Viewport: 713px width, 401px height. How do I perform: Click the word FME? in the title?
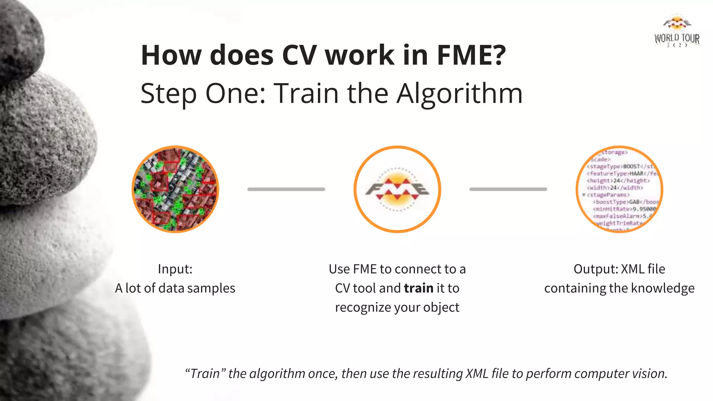tap(471, 55)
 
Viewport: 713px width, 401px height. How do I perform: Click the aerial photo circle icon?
tap(175, 189)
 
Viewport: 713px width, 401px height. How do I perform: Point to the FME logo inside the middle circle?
tap(397, 189)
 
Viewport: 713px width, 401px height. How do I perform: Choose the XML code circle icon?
tap(620, 189)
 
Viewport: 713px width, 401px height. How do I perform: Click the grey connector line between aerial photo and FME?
tap(286, 189)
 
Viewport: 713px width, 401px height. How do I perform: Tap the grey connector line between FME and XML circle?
tap(508, 189)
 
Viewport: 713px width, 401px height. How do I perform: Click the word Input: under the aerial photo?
tap(175, 269)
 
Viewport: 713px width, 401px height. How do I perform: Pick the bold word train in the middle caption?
tap(418, 288)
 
